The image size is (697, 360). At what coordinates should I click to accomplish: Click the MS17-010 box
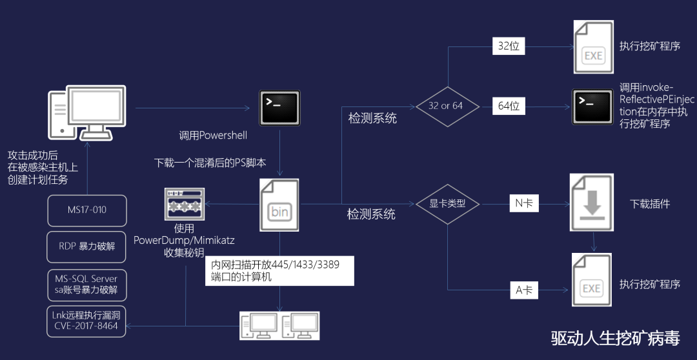pos(87,210)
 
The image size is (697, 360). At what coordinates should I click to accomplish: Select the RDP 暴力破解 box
pos(87,246)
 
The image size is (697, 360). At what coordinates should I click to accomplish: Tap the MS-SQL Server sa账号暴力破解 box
pos(87,284)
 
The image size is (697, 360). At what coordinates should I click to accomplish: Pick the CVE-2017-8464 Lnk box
pos(87,321)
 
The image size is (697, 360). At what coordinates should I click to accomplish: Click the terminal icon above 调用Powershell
pos(279,106)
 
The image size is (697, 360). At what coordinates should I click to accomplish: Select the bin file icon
pos(279,205)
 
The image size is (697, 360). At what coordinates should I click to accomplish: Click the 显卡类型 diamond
pos(448,204)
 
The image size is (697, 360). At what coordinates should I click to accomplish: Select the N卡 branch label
pos(524,204)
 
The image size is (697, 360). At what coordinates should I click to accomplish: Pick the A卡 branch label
pos(524,290)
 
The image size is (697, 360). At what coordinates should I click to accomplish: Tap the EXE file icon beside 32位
pos(592,46)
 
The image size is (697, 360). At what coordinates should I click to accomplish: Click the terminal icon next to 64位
pos(592,106)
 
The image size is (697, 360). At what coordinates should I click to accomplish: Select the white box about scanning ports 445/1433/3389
pos(281,270)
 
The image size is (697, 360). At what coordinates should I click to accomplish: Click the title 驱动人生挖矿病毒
pos(614,338)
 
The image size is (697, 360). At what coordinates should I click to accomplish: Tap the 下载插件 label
pos(650,204)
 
